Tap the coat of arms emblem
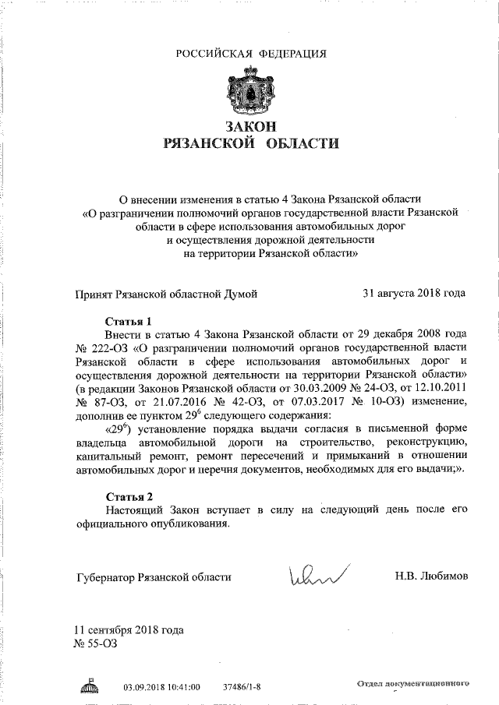click(249, 92)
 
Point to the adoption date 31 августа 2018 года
click(415, 294)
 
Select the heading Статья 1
click(127, 321)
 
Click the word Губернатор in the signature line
click(104, 577)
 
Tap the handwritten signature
click(317, 576)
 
